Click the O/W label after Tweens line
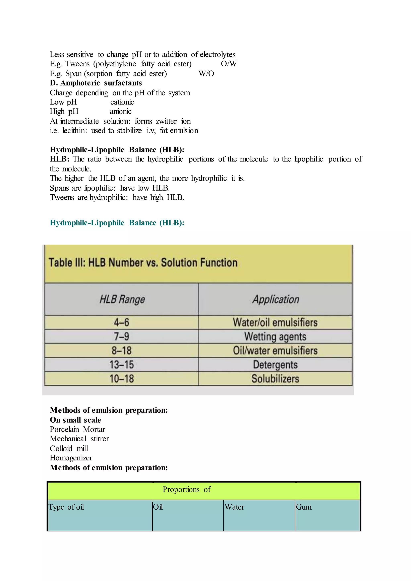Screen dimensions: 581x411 (x=229, y=64)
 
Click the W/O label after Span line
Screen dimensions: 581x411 (x=206, y=74)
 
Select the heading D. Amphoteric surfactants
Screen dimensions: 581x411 (x=96, y=83)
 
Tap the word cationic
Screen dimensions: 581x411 (x=122, y=102)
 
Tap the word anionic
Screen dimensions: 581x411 (x=120, y=112)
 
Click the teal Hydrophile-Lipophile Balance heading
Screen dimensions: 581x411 (x=117, y=223)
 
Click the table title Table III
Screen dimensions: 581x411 (x=143, y=263)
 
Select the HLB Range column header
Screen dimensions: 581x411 (x=122, y=299)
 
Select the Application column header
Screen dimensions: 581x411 (x=276, y=299)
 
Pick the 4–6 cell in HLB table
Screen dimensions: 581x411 (x=121, y=322)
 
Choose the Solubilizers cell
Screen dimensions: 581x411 (x=275, y=379)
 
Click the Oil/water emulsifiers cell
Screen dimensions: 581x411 (x=275, y=351)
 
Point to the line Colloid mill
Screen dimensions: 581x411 (x=69, y=449)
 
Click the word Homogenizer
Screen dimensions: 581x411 (x=71, y=458)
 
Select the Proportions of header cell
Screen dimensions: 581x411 (x=187, y=490)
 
